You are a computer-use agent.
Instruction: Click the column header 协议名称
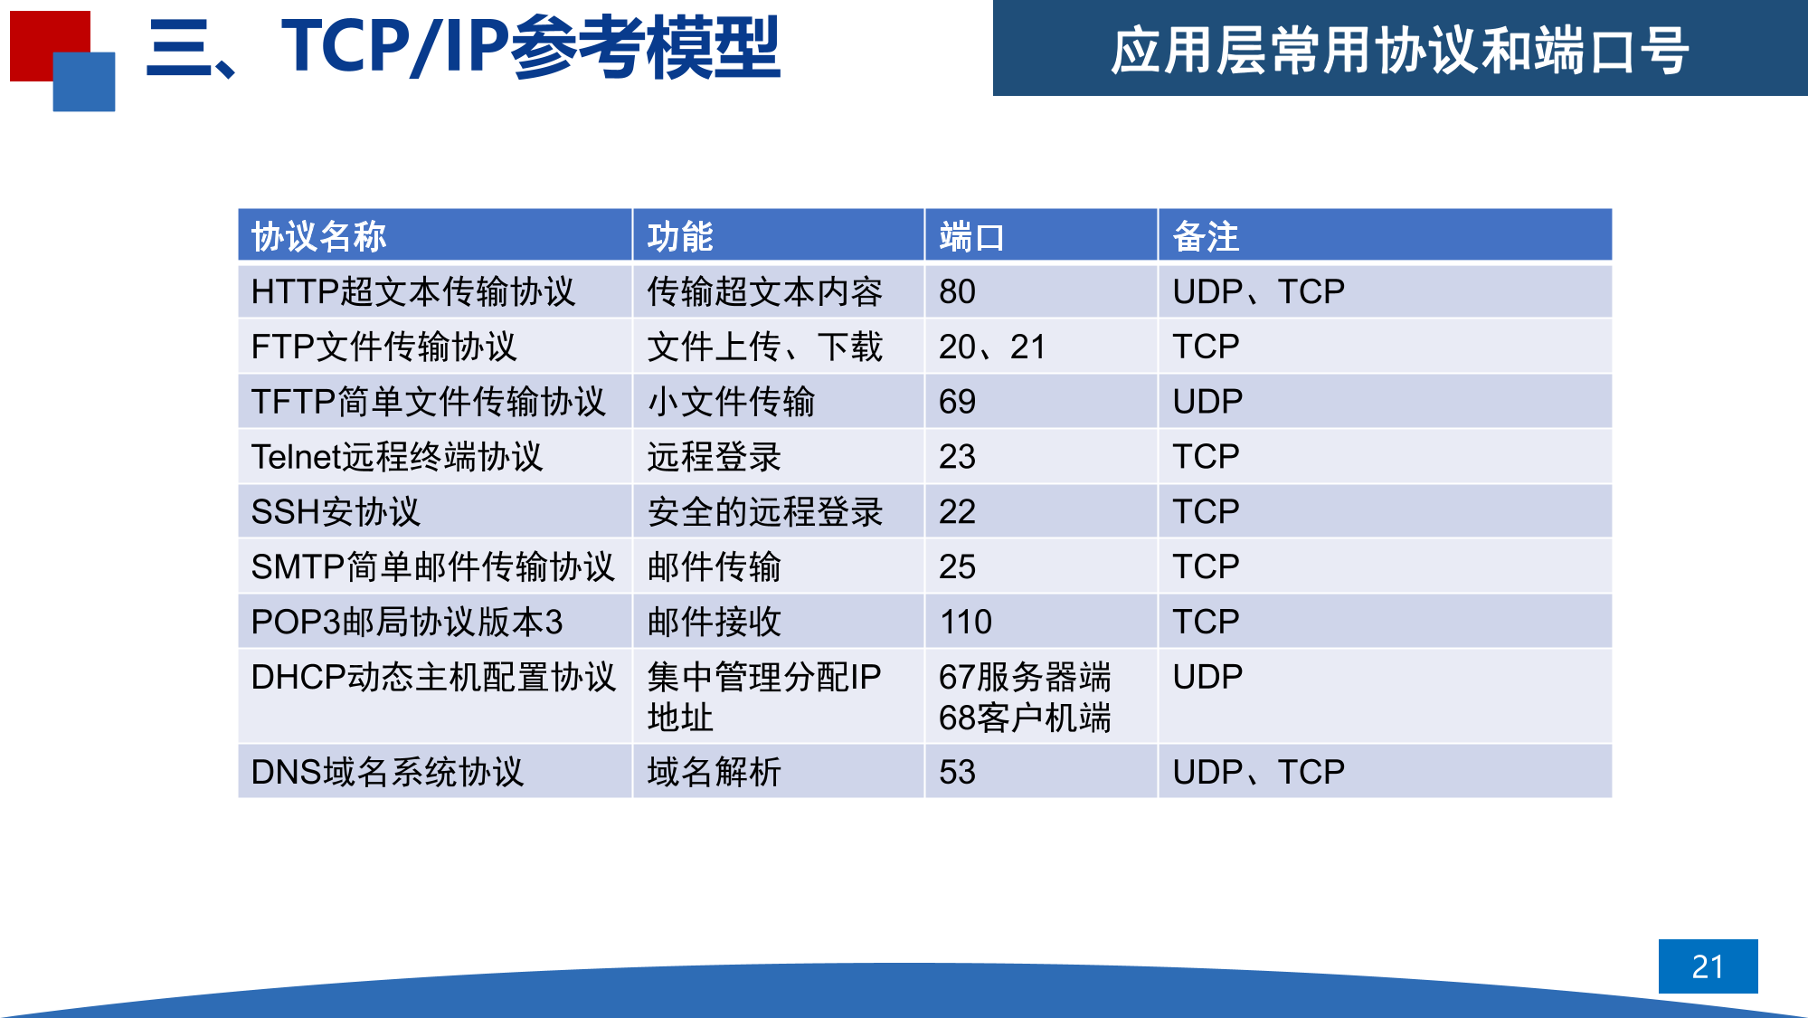coord(318,237)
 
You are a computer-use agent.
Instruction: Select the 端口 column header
coord(971,237)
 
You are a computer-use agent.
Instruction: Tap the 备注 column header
coord(1206,237)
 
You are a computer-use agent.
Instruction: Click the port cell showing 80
coord(957,291)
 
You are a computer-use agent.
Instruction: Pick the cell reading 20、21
coord(992,347)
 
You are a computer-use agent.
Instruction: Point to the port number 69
coord(957,402)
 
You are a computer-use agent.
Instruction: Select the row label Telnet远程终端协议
coord(396,457)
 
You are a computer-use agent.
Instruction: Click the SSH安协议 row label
coord(336,512)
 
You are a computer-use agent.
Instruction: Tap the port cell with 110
coord(966,622)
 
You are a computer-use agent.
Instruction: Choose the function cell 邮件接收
coord(714,622)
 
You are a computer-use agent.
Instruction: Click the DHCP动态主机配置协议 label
coord(433,677)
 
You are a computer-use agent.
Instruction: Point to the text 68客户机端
coord(1025,718)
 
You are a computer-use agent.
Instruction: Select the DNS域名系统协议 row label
coord(387,772)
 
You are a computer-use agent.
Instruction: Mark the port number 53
coord(957,772)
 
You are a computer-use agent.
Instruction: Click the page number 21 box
coord(1708,966)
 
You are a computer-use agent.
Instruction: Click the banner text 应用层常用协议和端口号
coord(1399,50)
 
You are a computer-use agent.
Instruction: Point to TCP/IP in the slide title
coord(395,47)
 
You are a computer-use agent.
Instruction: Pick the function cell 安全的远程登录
coord(764,512)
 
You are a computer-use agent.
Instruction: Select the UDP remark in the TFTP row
coord(1207,402)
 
